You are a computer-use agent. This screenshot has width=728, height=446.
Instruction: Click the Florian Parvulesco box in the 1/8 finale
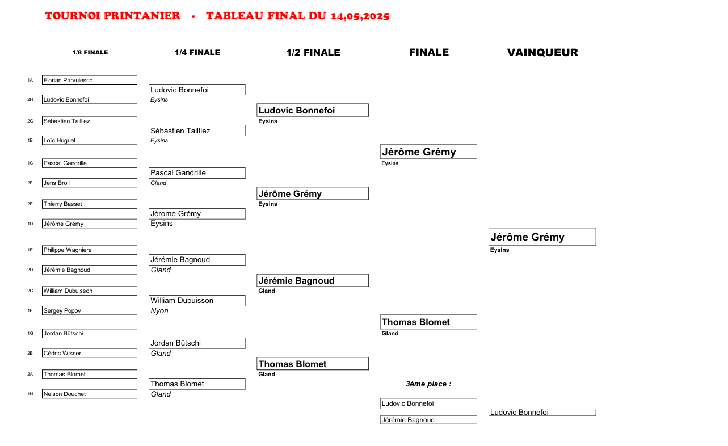pos(90,80)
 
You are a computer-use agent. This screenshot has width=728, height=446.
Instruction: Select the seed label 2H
pos(30,99)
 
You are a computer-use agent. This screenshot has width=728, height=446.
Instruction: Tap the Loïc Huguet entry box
pos(90,140)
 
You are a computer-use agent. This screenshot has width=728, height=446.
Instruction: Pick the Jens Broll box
pos(90,183)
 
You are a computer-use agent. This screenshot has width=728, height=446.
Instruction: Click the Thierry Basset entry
pos(90,204)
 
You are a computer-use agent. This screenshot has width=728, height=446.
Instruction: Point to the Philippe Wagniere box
pos(90,250)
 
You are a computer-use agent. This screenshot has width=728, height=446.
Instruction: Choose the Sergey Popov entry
pos(90,310)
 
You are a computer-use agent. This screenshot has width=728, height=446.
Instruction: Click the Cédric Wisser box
pos(90,353)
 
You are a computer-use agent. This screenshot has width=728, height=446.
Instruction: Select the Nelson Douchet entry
pos(90,394)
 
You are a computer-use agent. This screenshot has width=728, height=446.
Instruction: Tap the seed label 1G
pos(30,333)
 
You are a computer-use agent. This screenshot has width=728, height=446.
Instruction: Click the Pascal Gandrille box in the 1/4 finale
pos(197,173)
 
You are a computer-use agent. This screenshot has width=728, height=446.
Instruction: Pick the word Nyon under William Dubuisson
pos(159,311)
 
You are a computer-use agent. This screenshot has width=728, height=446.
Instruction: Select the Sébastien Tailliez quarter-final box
pos(197,131)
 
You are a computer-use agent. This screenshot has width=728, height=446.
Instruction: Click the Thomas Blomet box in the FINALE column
pos(428,322)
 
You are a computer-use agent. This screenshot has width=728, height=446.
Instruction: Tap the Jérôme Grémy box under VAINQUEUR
pos(542,237)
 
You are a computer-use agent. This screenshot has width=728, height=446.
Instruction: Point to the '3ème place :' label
pos(428,384)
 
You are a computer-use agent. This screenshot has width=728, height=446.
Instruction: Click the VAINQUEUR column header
pos(542,53)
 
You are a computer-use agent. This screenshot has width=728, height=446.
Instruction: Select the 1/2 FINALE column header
pos(313,52)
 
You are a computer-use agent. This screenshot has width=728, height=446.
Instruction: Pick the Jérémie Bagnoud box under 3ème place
pos(428,420)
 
